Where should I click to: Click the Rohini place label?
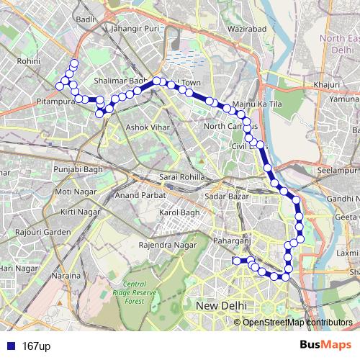pyautogui.click(x=28, y=62)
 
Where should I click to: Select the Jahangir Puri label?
pyautogui.click(x=135, y=29)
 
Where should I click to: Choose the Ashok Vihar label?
pyautogui.click(x=146, y=127)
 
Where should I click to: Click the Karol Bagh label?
pyautogui.click(x=179, y=214)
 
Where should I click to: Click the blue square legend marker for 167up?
pyautogui.click(x=9, y=346)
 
